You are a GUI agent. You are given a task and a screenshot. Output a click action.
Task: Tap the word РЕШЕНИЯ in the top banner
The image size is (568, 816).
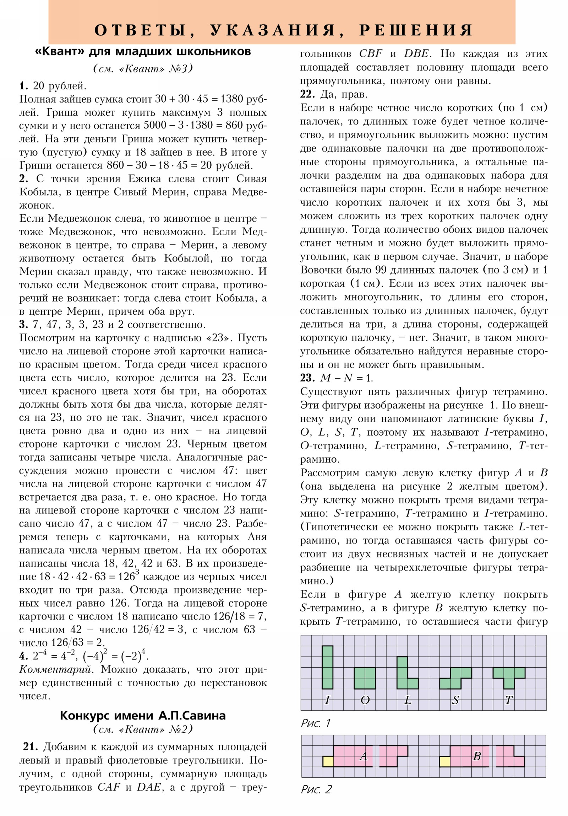click(416, 30)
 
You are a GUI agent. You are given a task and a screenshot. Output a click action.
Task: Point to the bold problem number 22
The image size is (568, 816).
click(307, 94)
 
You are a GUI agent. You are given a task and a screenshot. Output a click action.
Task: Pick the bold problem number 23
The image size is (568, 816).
click(307, 378)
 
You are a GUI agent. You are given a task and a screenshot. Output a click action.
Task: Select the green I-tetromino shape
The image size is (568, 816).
click(327, 667)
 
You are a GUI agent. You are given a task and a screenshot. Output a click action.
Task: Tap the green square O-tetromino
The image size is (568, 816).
click(365, 678)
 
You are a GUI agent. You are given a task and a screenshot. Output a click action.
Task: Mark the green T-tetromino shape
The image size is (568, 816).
click(509, 675)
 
